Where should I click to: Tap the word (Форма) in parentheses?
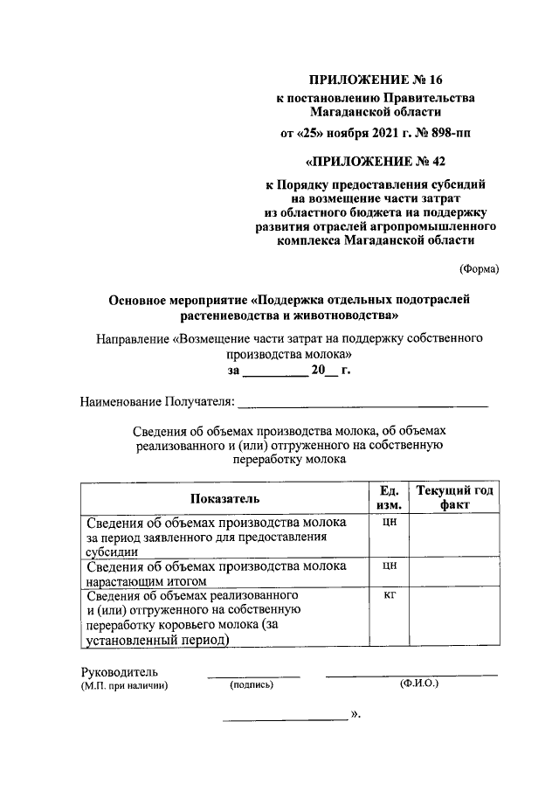479,269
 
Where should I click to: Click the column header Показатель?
222,499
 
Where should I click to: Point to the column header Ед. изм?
390,498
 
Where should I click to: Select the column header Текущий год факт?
455,498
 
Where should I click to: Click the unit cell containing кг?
390,595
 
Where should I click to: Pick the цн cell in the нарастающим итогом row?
390,565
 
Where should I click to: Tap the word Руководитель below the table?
119,672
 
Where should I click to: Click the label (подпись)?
252,686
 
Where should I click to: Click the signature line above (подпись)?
253,676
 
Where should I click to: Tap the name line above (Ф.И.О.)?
411,676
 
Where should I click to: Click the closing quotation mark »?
355,714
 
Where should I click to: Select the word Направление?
133,337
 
